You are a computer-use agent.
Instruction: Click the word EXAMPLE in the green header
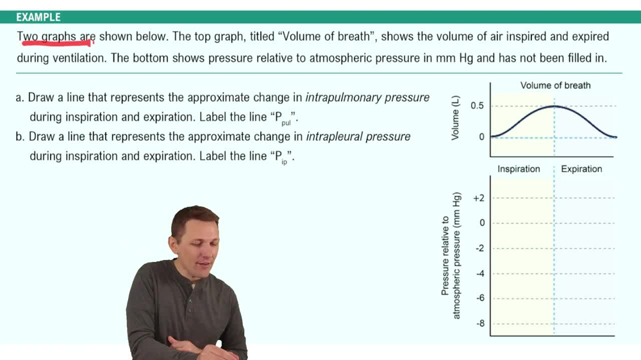click(x=38, y=17)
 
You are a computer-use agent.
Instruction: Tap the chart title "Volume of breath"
click(x=555, y=85)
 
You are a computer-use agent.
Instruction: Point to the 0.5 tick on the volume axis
click(x=478, y=106)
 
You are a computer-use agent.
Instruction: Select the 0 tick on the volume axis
click(x=481, y=136)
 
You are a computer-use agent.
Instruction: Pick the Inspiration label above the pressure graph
click(x=519, y=169)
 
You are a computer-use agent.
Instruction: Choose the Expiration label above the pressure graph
click(x=581, y=169)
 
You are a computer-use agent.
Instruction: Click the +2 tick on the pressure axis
click(x=479, y=198)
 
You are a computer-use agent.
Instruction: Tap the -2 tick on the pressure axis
click(x=479, y=249)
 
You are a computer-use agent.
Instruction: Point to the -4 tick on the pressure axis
click(x=479, y=274)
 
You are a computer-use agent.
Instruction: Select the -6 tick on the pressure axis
click(x=479, y=299)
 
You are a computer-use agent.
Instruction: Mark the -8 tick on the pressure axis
click(x=479, y=323)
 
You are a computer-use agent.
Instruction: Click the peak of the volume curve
click(x=555, y=106)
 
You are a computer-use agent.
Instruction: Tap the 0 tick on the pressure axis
click(x=482, y=223)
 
